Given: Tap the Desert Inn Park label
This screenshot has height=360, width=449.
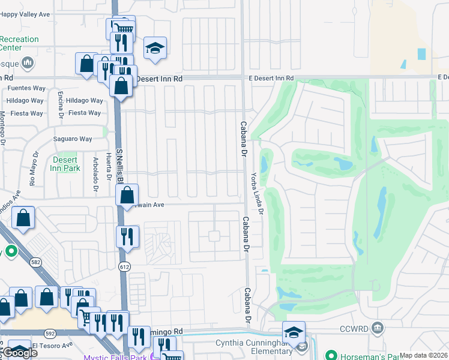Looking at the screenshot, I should [66, 164].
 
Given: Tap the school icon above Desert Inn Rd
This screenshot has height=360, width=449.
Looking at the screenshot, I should [155, 49].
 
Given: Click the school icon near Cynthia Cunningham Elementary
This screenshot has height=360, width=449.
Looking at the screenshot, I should [294, 332].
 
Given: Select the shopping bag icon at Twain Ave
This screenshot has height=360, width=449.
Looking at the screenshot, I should [127, 195].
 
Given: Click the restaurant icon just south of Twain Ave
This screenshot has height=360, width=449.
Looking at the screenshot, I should [127, 236].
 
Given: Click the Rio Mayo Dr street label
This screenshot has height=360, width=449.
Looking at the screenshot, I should [32, 174].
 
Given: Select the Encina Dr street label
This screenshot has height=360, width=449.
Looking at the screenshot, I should [61, 104].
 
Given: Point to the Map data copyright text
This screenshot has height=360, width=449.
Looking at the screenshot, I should [424, 355].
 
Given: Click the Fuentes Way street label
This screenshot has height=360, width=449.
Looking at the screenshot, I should [26, 88].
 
